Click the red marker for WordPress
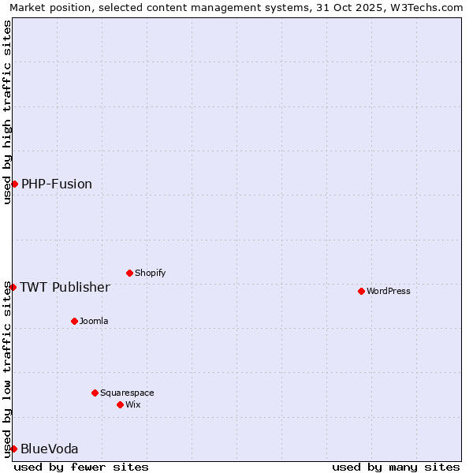point(361,291)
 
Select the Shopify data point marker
point(129,273)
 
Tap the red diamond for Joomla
point(74,321)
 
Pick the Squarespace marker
point(95,393)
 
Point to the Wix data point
point(120,404)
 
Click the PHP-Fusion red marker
point(14,184)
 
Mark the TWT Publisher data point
point(13,287)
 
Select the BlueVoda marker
point(13,449)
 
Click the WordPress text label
point(389,291)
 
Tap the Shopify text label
point(151,273)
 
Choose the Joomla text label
point(94,321)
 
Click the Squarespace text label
point(127,393)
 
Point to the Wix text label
point(133,404)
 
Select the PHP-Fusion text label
point(57,184)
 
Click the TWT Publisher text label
point(65,287)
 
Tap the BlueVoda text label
point(50,449)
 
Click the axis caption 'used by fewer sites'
point(81,467)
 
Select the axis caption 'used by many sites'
point(396,467)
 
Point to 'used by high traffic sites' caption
point(7,112)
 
